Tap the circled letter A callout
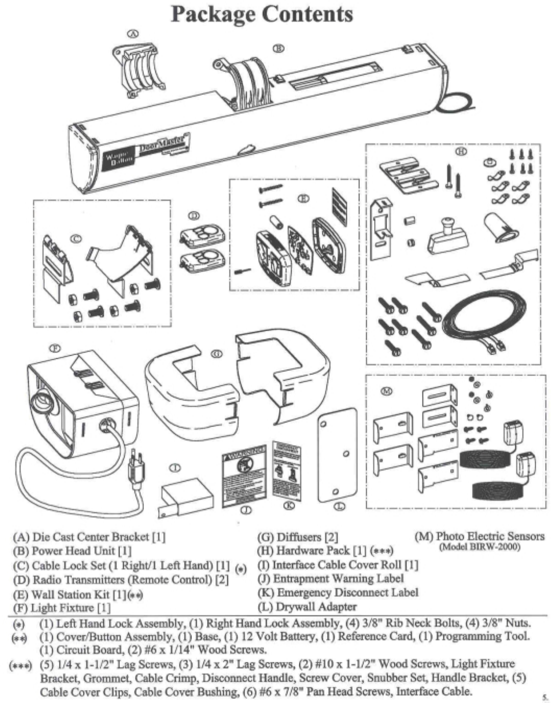pyautogui.click(x=133, y=34)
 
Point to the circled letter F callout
pyautogui.click(x=54, y=347)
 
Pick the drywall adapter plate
pyautogui.click(x=337, y=454)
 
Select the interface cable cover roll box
pyautogui.click(x=187, y=498)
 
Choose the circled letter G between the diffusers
pyautogui.click(x=217, y=354)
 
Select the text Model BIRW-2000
pyautogui.click(x=479, y=548)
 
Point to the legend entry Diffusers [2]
pyautogui.click(x=298, y=537)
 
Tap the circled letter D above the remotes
pyautogui.click(x=194, y=215)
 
